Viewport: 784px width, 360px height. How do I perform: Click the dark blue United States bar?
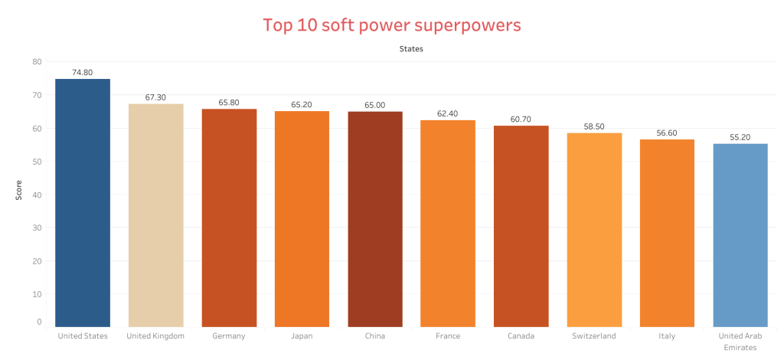[83, 203]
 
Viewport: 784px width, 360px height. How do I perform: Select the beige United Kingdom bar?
[155, 215]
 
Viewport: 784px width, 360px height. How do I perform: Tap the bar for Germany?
[229, 218]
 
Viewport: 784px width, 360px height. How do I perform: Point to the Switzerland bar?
[594, 230]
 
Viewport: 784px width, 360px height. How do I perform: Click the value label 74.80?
[83, 73]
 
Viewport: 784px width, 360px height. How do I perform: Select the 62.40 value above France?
[448, 114]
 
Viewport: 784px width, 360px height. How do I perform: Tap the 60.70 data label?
[521, 119]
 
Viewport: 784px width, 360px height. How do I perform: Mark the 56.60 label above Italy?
[667, 133]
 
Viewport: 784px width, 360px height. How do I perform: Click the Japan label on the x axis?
[302, 335]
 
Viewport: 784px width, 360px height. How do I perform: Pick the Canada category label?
[521, 335]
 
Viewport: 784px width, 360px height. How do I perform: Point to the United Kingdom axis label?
[155, 335]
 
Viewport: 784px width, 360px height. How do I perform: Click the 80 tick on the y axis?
[38, 62]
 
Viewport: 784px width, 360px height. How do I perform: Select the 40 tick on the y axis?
[38, 195]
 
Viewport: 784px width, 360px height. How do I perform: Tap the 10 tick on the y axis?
[38, 294]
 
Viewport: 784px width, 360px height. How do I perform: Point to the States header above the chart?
[411, 49]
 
